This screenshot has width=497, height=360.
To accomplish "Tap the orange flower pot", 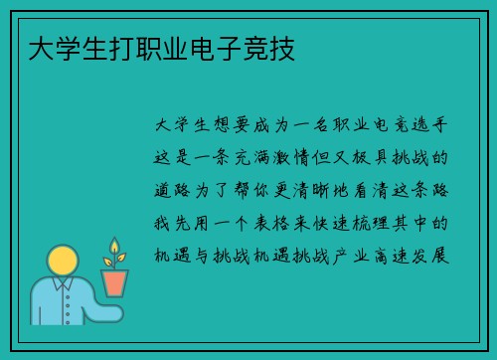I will pos(115,282).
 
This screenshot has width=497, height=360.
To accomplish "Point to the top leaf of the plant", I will pos(114,245).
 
